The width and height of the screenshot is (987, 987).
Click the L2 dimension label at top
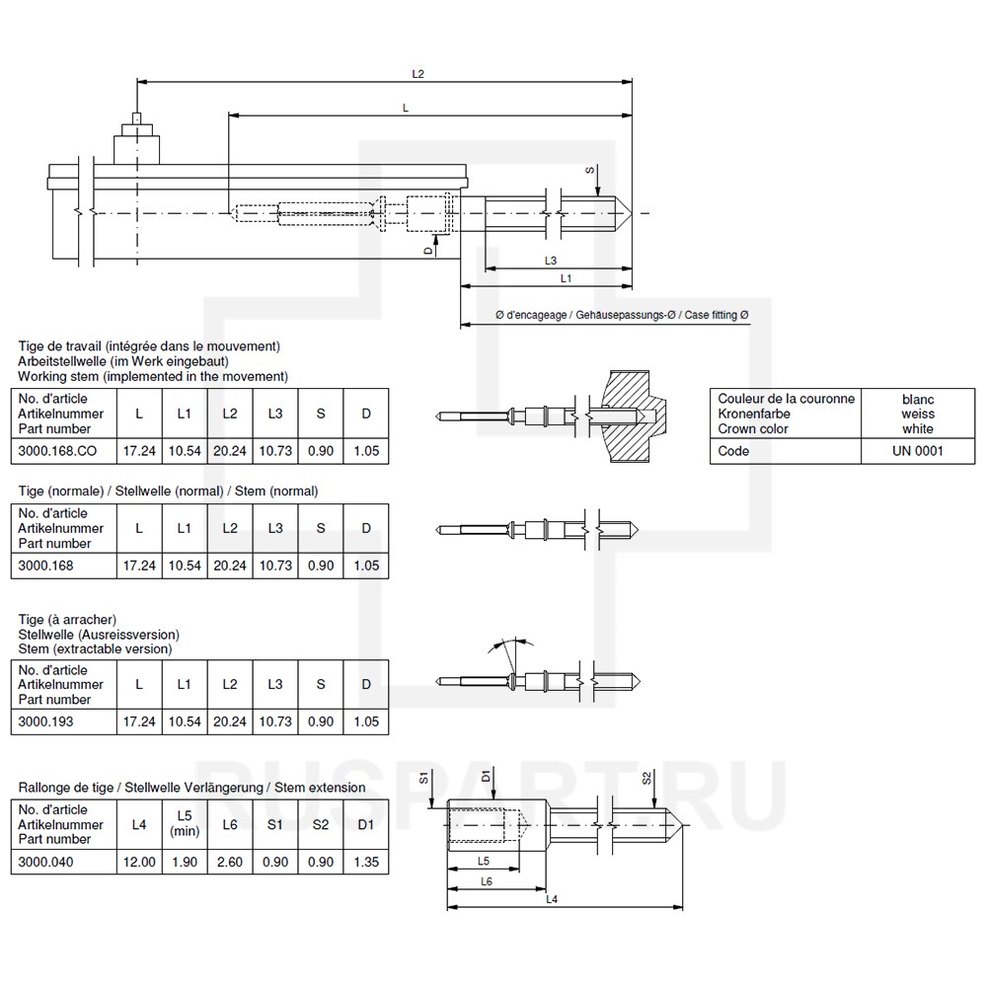point(418,74)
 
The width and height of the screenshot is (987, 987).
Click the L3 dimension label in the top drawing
point(552,261)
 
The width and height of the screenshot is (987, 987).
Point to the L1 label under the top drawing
point(566,279)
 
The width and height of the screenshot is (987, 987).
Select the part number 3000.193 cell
point(45,721)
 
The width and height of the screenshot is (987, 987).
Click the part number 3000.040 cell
point(45,862)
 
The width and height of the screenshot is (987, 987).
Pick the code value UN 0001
point(917,451)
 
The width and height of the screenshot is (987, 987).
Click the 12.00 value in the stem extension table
point(139,862)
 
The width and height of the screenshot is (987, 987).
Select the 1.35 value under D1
point(366,862)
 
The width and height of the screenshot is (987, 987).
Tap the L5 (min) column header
point(185,824)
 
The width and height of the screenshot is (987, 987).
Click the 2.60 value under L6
point(230,862)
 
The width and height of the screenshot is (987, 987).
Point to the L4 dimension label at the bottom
point(552,899)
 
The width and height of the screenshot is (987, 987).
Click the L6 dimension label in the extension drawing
point(486,880)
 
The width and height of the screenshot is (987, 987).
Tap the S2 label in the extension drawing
point(647,779)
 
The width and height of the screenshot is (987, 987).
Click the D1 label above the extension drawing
point(487,779)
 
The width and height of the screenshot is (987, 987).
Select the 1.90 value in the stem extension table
point(185,862)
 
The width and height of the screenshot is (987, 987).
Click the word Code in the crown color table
point(733,451)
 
